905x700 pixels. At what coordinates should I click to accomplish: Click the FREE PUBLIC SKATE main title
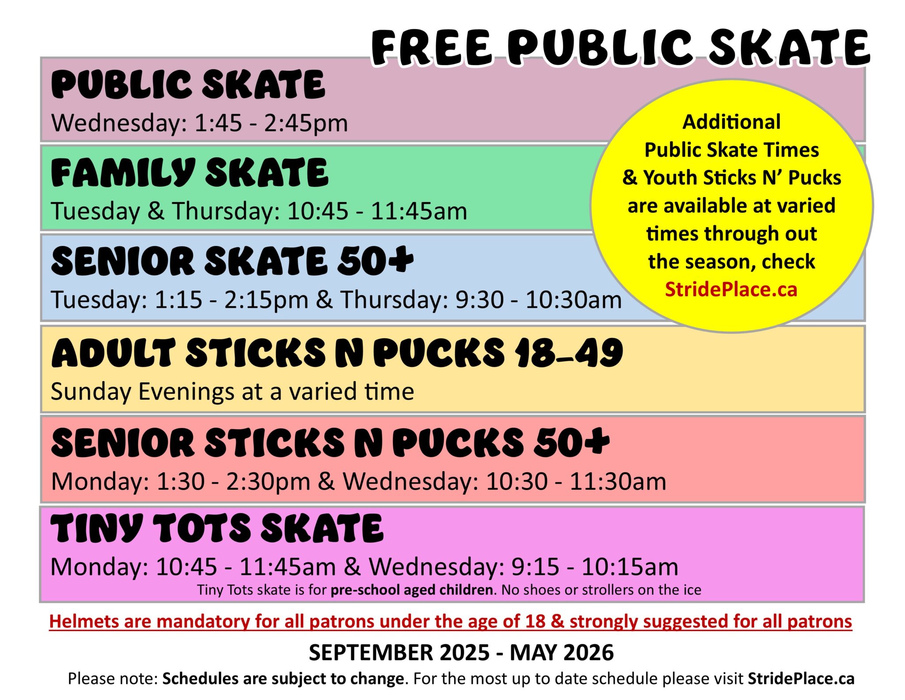click(620, 48)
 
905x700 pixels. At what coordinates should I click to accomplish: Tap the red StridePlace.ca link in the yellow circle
click(731, 290)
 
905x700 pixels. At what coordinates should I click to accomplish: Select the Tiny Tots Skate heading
click(217, 528)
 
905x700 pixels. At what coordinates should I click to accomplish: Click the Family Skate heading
click(190, 173)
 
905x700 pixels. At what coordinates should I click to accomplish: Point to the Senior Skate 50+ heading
click(232, 261)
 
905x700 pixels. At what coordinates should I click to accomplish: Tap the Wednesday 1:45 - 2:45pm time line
click(200, 123)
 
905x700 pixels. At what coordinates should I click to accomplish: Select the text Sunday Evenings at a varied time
click(232, 392)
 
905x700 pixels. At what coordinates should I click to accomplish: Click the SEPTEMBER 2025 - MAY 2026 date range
click(461, 653)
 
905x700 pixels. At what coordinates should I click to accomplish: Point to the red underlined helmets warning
click(451, 622)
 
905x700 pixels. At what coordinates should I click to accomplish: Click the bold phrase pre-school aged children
click(412, 590)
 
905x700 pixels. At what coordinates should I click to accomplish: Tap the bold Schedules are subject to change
click(283, 678)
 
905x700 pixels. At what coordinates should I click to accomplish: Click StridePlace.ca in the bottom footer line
click(801, 678)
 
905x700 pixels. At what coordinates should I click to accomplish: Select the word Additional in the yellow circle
click(731, 122)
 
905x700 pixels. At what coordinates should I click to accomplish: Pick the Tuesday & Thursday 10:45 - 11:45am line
click(259, 211)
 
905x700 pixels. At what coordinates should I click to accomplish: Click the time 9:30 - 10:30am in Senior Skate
click(539, 300)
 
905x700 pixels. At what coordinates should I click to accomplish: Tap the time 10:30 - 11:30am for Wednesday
click(576, 482)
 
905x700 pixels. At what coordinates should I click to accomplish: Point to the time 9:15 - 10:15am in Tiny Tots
click(595, 567)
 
